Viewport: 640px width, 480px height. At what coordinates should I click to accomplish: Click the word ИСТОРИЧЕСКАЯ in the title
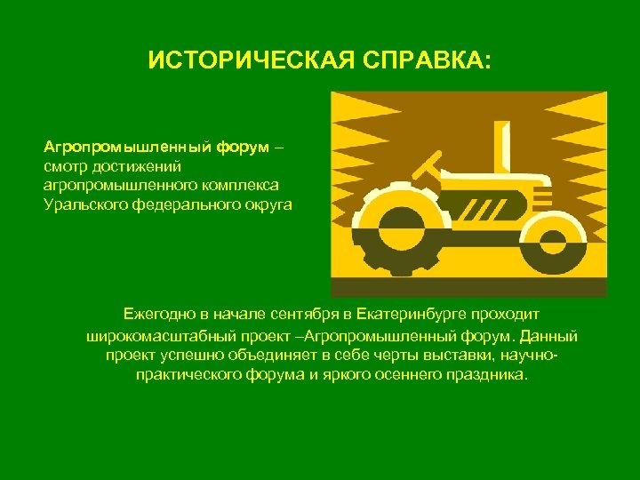[x=236, y=61]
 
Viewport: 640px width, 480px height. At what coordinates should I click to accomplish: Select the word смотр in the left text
[x=63, y=165]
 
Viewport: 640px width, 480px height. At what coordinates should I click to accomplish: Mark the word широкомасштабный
[x=146, y=336]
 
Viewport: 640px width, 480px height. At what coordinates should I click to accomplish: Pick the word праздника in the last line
[x=490, y=375]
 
